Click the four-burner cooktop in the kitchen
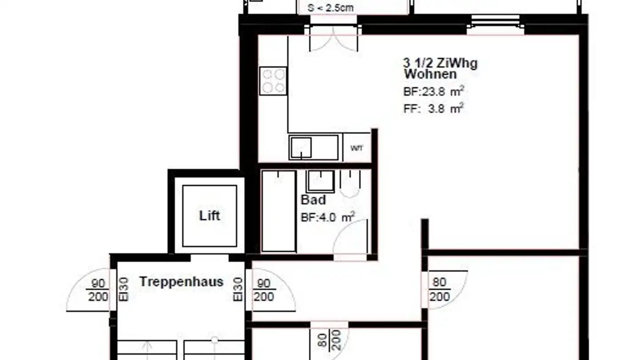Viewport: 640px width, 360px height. pyautogui.click(x=273, y=81)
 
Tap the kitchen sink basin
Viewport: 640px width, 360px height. pyautogui.click(x=301, y=148)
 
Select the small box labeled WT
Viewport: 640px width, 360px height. pyautogui.click(x=356, y=148)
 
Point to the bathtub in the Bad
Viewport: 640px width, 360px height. pyautogui.click(x=279, y=211)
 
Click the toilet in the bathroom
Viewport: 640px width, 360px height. pyautogui.click(x=351, y=182)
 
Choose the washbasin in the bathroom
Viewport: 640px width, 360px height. pyautogui.click(x=320, y=181)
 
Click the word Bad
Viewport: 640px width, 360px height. pyautogui.click(x=313, y=200)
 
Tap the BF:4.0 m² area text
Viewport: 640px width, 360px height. pyautogui.click(x=328, y=217)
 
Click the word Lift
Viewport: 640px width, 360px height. pyautogui.click(x=209, y=216)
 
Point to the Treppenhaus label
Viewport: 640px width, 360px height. pyautogui.click(x=181, y=281)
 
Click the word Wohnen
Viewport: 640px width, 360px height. pyautogui.click(x=430, y=74)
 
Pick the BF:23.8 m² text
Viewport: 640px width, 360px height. pyautogui.click(x=434, y=92)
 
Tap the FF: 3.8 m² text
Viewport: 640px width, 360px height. pyautogui.click(x=434, y=108)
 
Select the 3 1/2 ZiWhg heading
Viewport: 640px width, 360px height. pyautogui.click(x=440, y=63)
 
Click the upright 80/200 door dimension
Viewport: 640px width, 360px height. pyautogui.click(x=440, y=289)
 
